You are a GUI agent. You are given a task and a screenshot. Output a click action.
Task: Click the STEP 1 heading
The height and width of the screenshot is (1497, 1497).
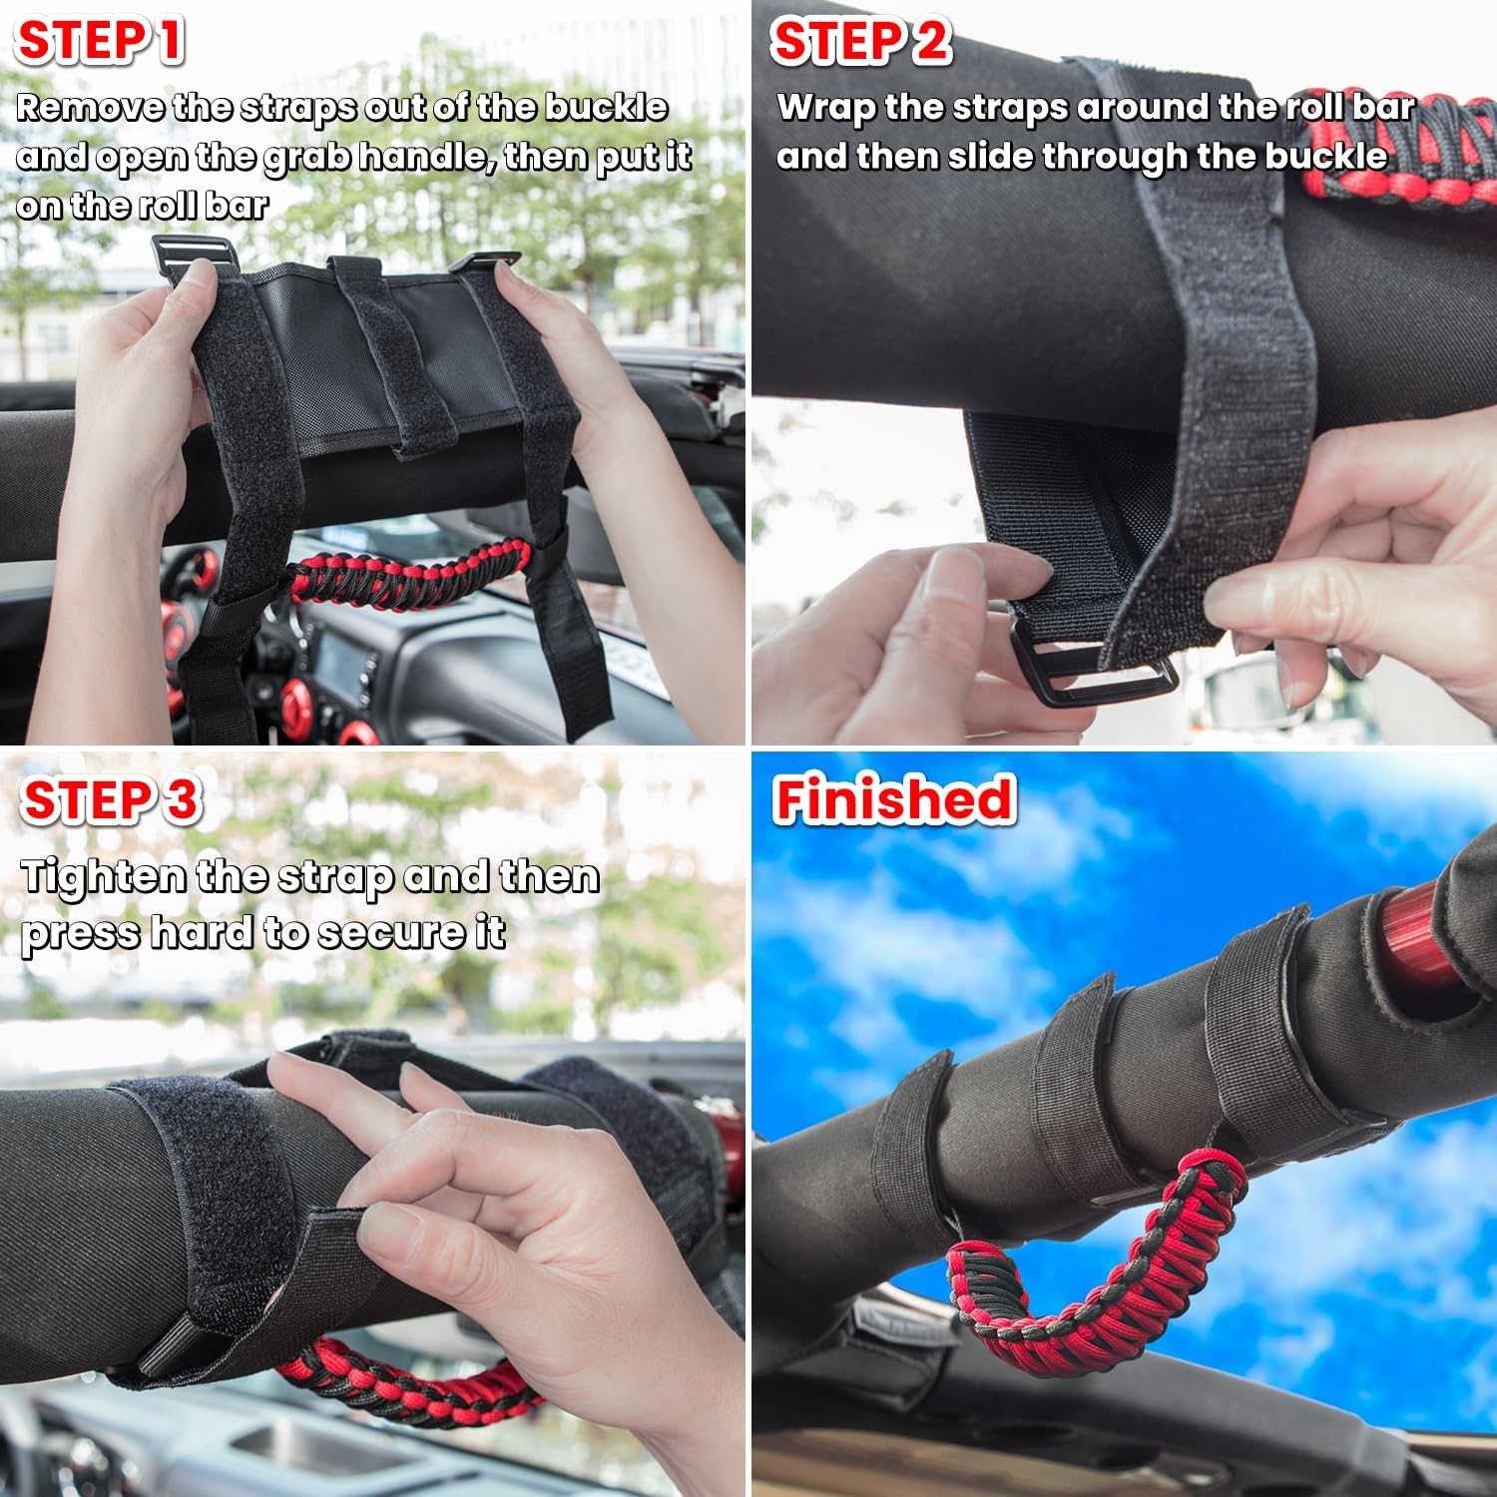pyautogui.click(x=100, y=42)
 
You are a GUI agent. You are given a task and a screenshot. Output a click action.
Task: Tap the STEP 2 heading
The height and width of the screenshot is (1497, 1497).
pyautogui.click(x=860, y=42)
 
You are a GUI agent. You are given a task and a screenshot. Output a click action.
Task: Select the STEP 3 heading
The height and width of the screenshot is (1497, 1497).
pyautogui.click(x=110, y=800)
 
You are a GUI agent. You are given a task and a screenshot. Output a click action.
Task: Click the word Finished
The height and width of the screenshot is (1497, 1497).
pyautogui.click(x=894, y=800)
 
